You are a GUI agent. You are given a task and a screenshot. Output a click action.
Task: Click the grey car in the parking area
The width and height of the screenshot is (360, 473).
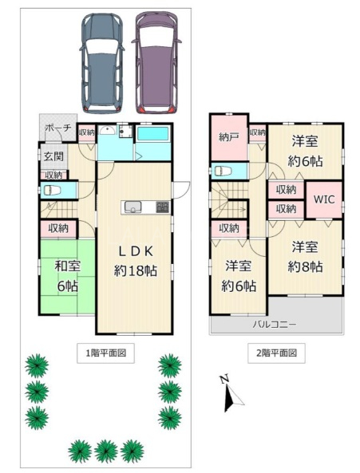(x=101, y=63)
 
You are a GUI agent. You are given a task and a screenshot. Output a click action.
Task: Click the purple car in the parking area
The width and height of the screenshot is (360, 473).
(x=156, y=63)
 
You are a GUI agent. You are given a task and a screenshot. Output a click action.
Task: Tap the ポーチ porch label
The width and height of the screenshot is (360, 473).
(x=58, y=128)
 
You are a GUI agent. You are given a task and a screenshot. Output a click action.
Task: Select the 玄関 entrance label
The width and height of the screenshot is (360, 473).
(x=53, y=156)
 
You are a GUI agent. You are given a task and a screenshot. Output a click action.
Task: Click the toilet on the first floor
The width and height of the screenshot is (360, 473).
(x=52, y=191)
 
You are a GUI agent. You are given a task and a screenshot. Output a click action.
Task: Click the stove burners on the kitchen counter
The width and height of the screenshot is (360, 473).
(x=162, y=207)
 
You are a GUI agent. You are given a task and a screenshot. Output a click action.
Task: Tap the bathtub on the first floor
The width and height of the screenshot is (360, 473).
(x=152, y=133)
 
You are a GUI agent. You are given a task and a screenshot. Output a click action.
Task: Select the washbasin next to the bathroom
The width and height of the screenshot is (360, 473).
(x=107, y=131)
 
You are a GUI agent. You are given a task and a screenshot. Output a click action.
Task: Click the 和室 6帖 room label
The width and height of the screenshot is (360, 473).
(x=68, y=276)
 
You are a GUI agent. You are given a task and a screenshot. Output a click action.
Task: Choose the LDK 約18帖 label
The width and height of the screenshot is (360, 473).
(x=136, y=261)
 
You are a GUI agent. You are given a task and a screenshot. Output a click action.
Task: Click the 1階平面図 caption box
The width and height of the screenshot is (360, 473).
(x=105, y=353)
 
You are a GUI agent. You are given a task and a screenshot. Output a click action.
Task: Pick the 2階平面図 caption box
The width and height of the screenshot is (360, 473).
(x=276, y=353)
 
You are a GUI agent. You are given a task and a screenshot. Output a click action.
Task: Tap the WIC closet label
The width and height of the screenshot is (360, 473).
(x=324, y=199)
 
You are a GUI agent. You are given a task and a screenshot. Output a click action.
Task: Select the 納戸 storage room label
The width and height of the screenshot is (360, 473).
(x=229, y=137)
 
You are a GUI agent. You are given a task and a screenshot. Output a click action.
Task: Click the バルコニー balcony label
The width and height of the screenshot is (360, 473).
(x=275, y=325)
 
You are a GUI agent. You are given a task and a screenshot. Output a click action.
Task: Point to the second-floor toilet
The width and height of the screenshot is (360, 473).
(x=223, y=171)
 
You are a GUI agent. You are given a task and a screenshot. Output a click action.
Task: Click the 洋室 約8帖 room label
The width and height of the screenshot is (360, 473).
(x=305, y=257)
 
